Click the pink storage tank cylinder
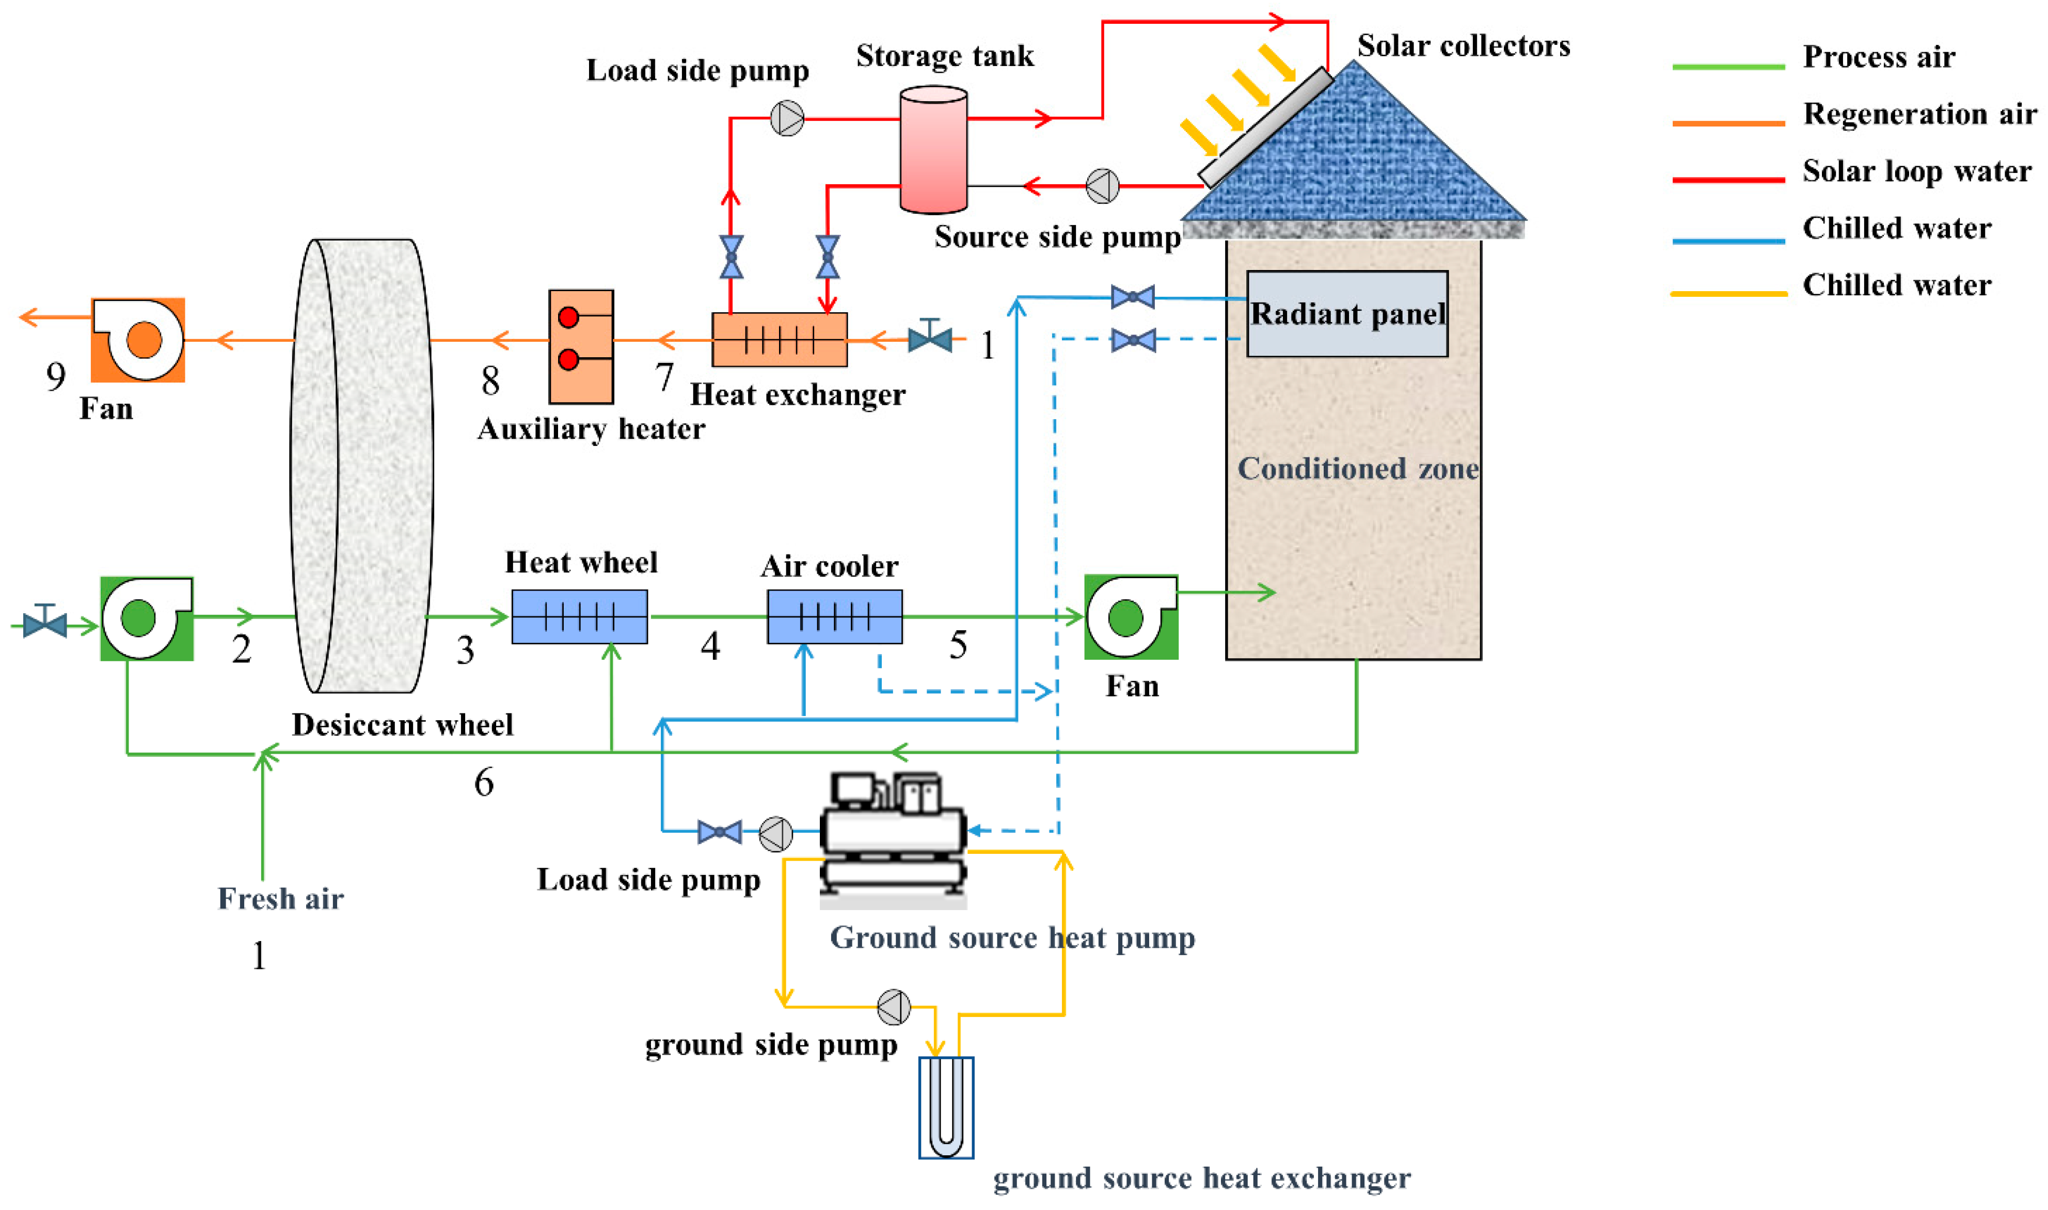[x=933, y=151]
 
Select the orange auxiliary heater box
[x=580, y=346]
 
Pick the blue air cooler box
[x=834, y=616]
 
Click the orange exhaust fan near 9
[x=138, y=340]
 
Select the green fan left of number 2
[x=147, y=618]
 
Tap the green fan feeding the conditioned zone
[x=1130, y=616]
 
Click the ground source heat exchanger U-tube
[x=946, y=1107]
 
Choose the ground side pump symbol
[x=894, y=1007]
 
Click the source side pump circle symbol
[x=1102, y=186]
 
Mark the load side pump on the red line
[x=787, y=118]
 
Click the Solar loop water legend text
[x=1916, y=171]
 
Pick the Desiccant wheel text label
[x=403, y=725]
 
